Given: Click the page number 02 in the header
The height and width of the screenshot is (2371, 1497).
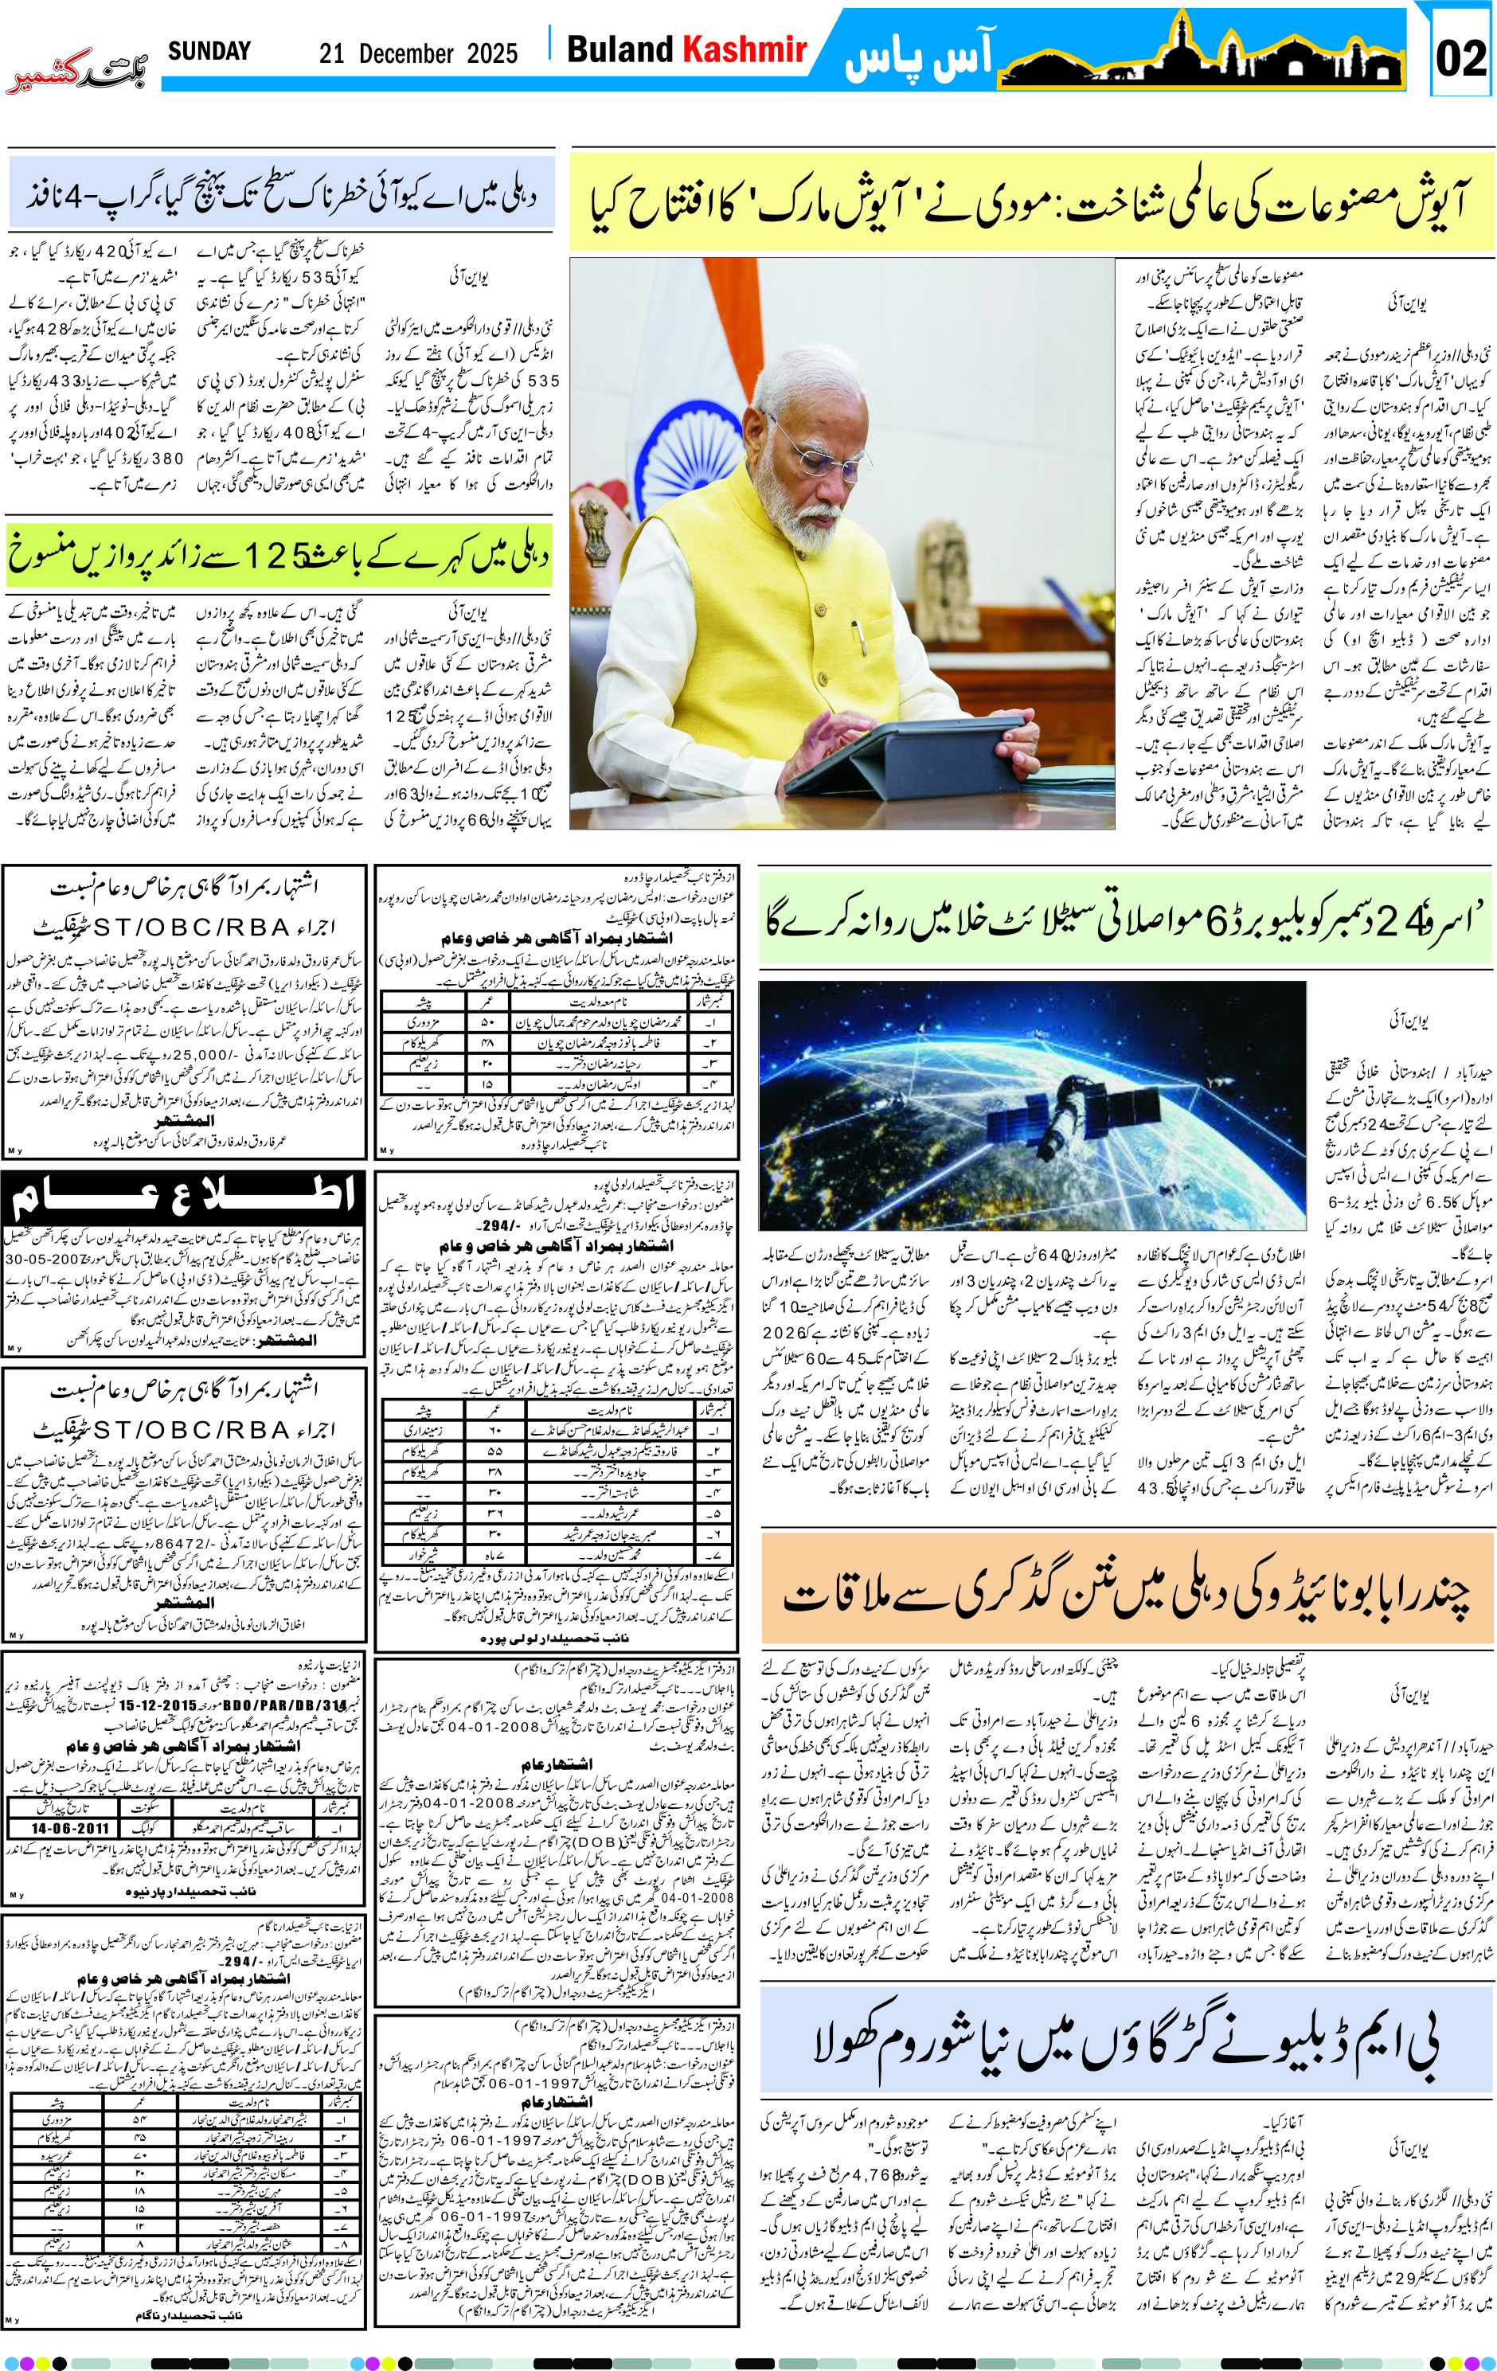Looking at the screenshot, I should [1460, 58].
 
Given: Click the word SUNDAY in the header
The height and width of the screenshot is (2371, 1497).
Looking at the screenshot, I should [209, 51].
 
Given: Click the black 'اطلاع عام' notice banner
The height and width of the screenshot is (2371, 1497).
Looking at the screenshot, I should [183, 1197].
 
